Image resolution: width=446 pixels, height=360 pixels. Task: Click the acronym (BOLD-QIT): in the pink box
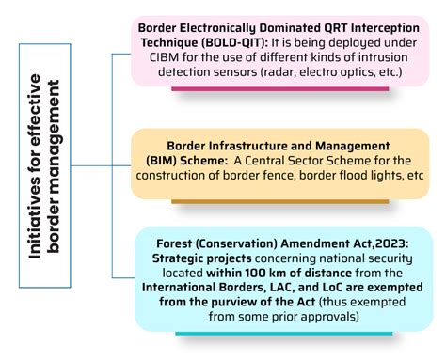click(x=235, y=42)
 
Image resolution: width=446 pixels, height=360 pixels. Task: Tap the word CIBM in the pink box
click(x=164, y=57)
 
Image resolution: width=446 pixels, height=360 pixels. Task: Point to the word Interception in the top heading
click(x=385, y=28)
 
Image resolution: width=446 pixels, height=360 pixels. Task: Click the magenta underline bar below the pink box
click(x=280, y=89)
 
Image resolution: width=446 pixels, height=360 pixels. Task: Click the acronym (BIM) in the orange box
click(x=162, y=161)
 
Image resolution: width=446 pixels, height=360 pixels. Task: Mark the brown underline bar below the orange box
click(x=280, y=201)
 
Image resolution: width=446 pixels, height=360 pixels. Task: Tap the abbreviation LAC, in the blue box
click(x=281, y=288)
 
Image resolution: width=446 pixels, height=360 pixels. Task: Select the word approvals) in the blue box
click(x=329, y=317)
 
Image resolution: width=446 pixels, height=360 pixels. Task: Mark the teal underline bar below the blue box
click(x=284, y=334)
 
